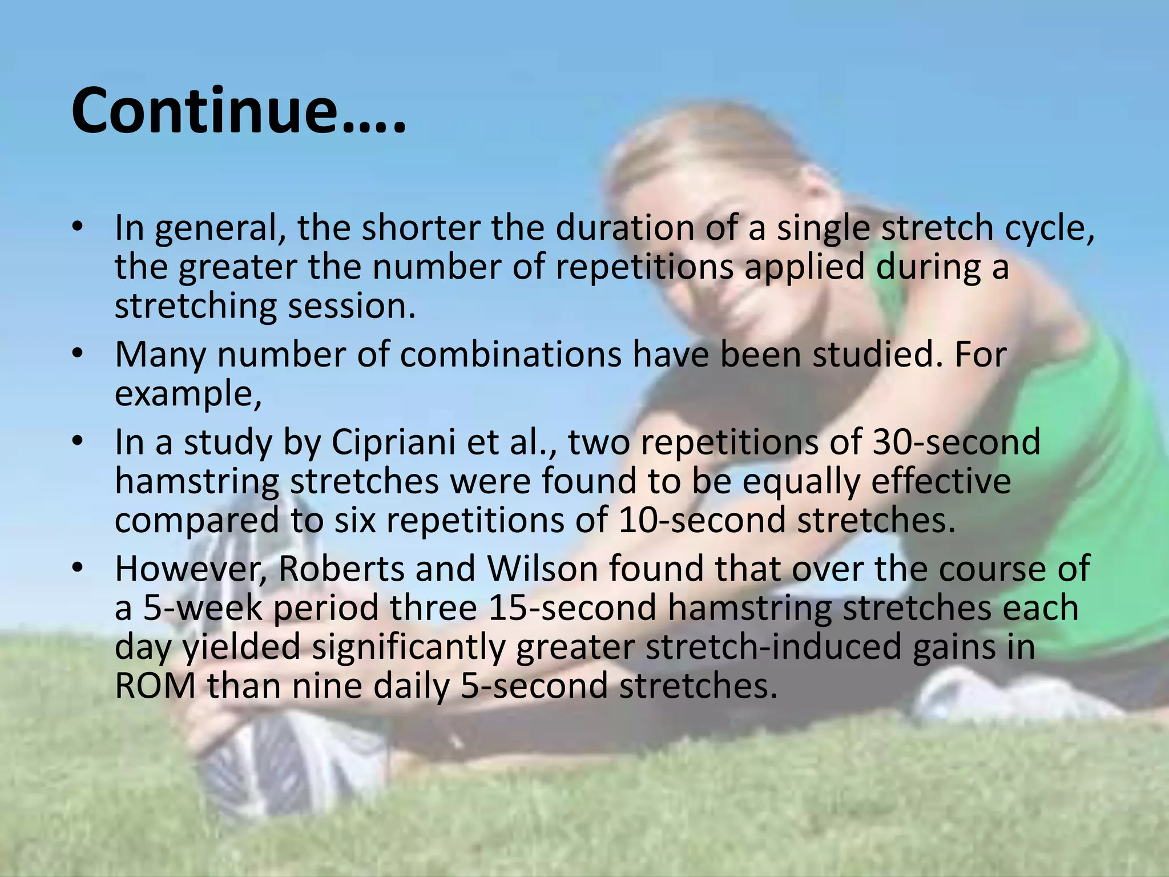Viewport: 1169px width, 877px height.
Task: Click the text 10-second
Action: pyautogui.click(x=702, y=520)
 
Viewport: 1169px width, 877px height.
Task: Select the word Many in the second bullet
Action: pyautogui.click(x=160, y=355)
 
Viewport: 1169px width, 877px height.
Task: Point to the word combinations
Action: pyautogui.click(x=510, y=355)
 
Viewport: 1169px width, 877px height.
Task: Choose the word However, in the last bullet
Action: pyautogui.click(x=191, y=570)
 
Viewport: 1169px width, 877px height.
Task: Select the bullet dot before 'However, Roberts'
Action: pyautogui.click(x=78, y=568)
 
